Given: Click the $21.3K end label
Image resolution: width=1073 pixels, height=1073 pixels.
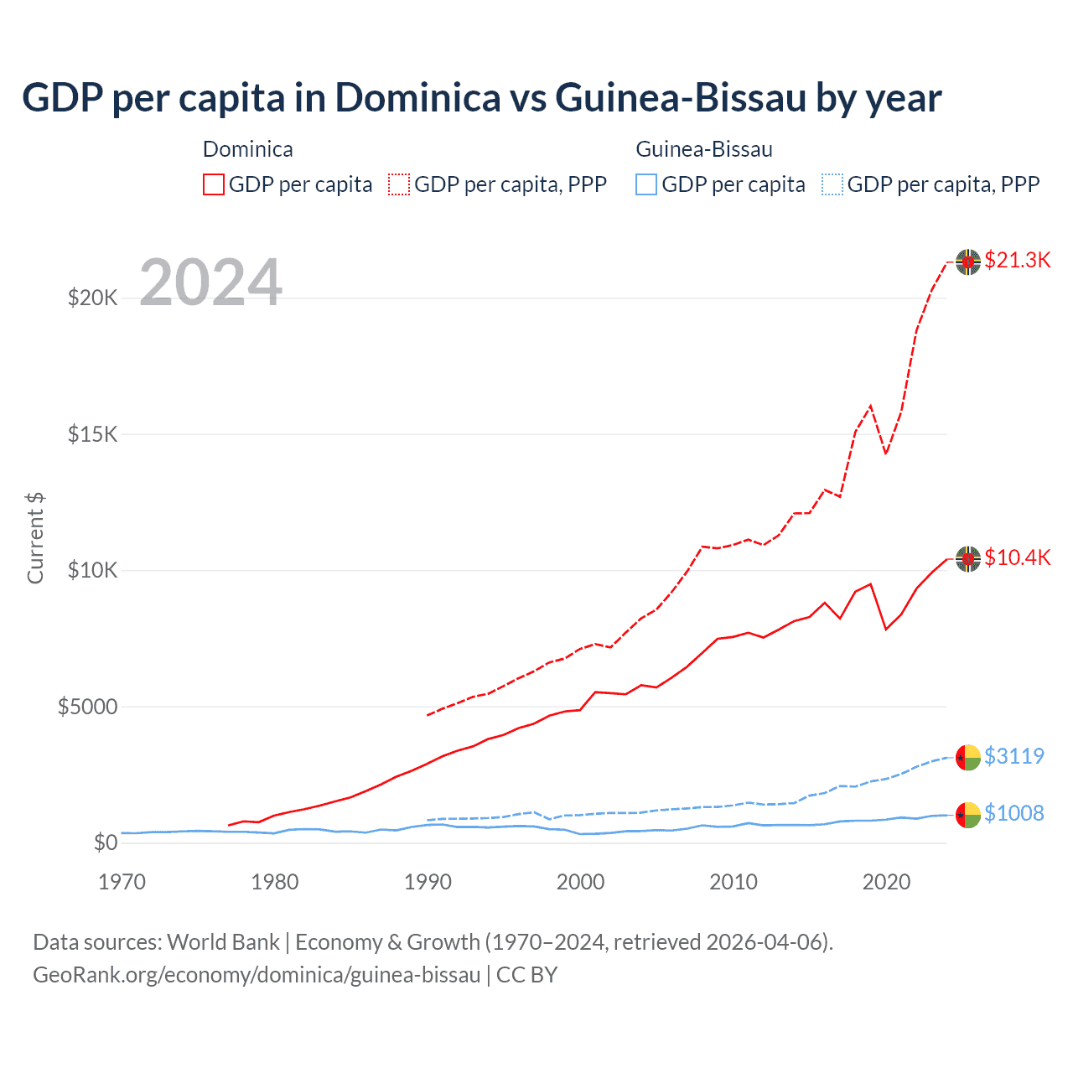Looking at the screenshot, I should click(x=1017, y=260).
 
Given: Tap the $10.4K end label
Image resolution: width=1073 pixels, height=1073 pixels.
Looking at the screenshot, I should click(x=1017, y=557).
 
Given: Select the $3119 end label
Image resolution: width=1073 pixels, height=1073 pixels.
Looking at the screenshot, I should click(x=1013, y=756).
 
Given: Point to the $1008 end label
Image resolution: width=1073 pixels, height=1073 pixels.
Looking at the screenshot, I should click(x=1013, y=813).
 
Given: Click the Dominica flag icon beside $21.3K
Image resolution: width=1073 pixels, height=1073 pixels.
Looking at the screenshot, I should click(x=968, y=262).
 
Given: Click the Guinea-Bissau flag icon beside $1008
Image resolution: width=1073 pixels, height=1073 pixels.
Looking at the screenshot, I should click(x=968, y=815).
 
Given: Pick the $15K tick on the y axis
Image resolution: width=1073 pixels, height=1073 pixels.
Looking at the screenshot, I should click(x=92, y=434).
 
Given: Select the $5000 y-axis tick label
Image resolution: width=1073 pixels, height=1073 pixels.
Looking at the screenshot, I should click(x=87, y=707).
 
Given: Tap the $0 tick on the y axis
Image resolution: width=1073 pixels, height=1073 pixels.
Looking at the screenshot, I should click(x=105, y=842).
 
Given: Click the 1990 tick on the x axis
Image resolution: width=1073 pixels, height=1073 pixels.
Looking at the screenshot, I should click(x=428, y=882).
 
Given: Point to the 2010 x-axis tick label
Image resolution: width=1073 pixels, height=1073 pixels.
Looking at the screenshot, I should click(x=733, y=882).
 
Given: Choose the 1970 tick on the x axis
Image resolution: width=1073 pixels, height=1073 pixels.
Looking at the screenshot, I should click(x=122, y=882).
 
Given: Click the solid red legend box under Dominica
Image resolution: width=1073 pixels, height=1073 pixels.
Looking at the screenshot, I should click(x=214, y=184).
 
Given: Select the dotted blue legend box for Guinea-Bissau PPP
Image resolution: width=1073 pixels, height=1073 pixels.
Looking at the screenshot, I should click(x=832, y=184).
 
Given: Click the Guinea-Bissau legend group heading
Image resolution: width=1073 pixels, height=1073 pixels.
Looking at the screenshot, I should click(x=704, y=149).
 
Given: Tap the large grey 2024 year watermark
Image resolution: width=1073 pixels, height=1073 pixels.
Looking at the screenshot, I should click(x=210, y=283).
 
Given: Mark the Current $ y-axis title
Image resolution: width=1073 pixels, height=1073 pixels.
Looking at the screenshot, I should click(x=35, y=538).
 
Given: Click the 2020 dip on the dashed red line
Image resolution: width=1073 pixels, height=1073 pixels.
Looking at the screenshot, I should click(x=886, y=454).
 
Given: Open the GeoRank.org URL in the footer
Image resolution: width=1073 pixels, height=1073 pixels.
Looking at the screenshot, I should click(x=257, y=975).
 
